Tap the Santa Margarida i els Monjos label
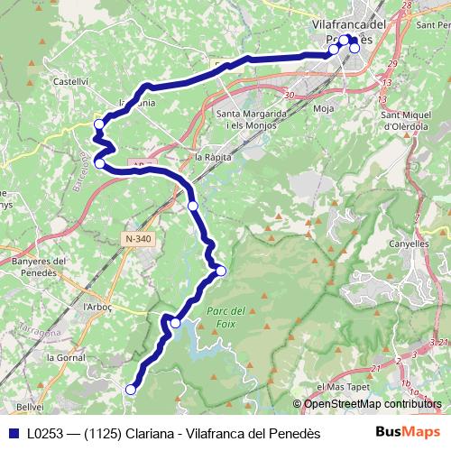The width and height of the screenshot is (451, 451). click(x=252, y=119)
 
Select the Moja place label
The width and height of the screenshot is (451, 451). click(x=323, y=108)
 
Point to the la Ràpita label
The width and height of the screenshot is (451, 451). click(x=213, y=156)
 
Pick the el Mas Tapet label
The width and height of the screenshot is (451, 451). click(x=345, y=387)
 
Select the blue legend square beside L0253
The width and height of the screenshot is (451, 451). click(x=13, y=433)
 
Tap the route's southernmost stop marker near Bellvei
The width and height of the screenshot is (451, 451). click(x=131, y=390)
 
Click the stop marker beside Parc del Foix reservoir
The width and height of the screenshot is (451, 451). click(x=175, y=323)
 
